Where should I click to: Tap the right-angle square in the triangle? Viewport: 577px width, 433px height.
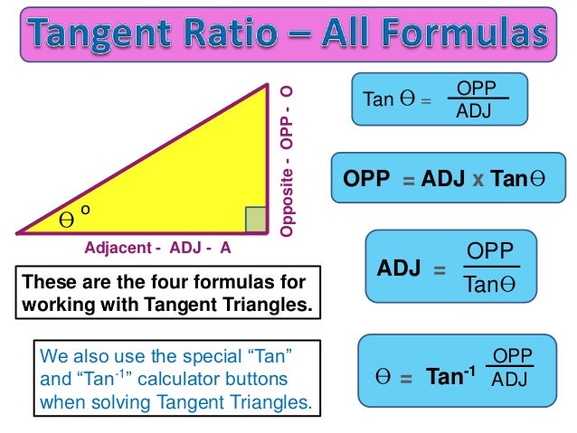(x=256, y=220)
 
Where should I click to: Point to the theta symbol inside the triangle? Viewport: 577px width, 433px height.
(x=66, y=220)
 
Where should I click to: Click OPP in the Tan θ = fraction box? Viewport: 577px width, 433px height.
(x=476, y=88)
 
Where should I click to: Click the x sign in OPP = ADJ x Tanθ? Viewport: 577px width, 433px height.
(x=478, y=178)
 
